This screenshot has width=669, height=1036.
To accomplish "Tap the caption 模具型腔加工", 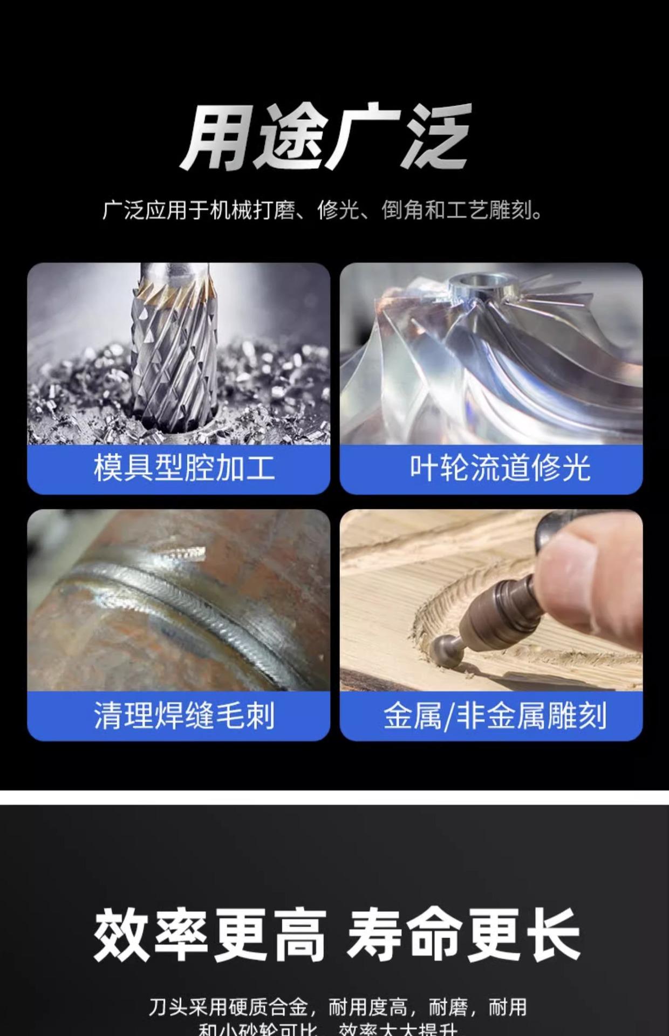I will click(x=184, y=468).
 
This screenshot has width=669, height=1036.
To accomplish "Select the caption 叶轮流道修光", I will click(x=500, y=468).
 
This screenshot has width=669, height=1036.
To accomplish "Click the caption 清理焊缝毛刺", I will click(x=184, y=715).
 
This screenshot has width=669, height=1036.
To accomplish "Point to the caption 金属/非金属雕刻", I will click(x=495, y=715).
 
